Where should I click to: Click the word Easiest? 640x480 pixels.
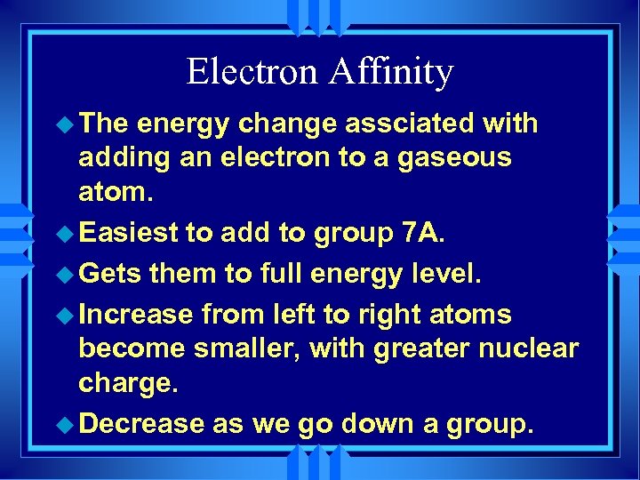click(x=128, y=233)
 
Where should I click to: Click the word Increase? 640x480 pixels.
click(x=135, y=314)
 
